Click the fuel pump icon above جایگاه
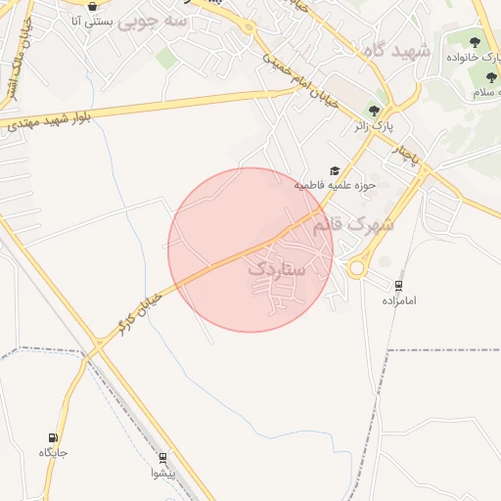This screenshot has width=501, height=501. [52, 437]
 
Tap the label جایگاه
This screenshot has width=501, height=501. [53, 452]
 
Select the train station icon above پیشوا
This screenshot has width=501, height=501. [163, 458]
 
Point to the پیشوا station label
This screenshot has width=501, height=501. [162, 473]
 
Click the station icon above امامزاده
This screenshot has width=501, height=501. [398, 286]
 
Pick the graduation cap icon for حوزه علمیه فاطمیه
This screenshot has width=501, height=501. [336, 170]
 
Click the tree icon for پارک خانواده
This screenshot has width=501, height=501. [475, 42]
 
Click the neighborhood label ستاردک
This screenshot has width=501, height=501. [275, 267]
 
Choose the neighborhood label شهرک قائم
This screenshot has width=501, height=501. [353, 224]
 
